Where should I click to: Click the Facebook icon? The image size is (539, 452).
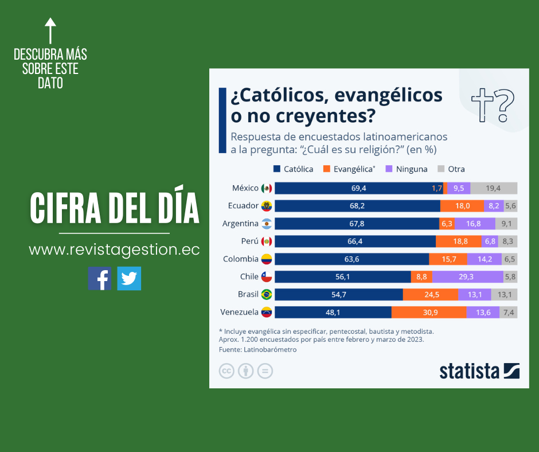(x=100, y=278)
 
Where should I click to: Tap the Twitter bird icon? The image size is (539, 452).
(x=129, y=278)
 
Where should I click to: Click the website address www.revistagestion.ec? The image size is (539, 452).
(x=114, y=250)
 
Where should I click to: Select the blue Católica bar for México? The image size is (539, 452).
(x=359, y=188)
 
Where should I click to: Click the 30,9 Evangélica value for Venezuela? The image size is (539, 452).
(x=428, y=312)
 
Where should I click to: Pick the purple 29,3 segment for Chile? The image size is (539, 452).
(x=467, y=276)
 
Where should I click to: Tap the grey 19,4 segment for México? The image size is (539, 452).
(x=494, y=188)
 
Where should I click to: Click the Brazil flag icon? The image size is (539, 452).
(x=267, y=294)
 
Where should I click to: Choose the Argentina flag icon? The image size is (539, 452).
(x=267, y=224)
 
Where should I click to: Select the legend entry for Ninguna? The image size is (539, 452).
(x=407, y=169)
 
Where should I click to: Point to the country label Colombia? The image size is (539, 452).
(x=241, y=259)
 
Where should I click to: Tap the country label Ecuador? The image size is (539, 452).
(x=243, y=206)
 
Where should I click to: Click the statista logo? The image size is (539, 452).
(x=479, y=371)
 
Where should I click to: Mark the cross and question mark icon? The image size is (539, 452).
(x=493, y=105)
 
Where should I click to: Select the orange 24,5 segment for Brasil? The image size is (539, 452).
(x=431, y=294)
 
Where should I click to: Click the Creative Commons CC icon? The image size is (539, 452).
(x=227, y=371)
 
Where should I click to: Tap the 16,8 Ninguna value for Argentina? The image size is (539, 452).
(x=474, y=224)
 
